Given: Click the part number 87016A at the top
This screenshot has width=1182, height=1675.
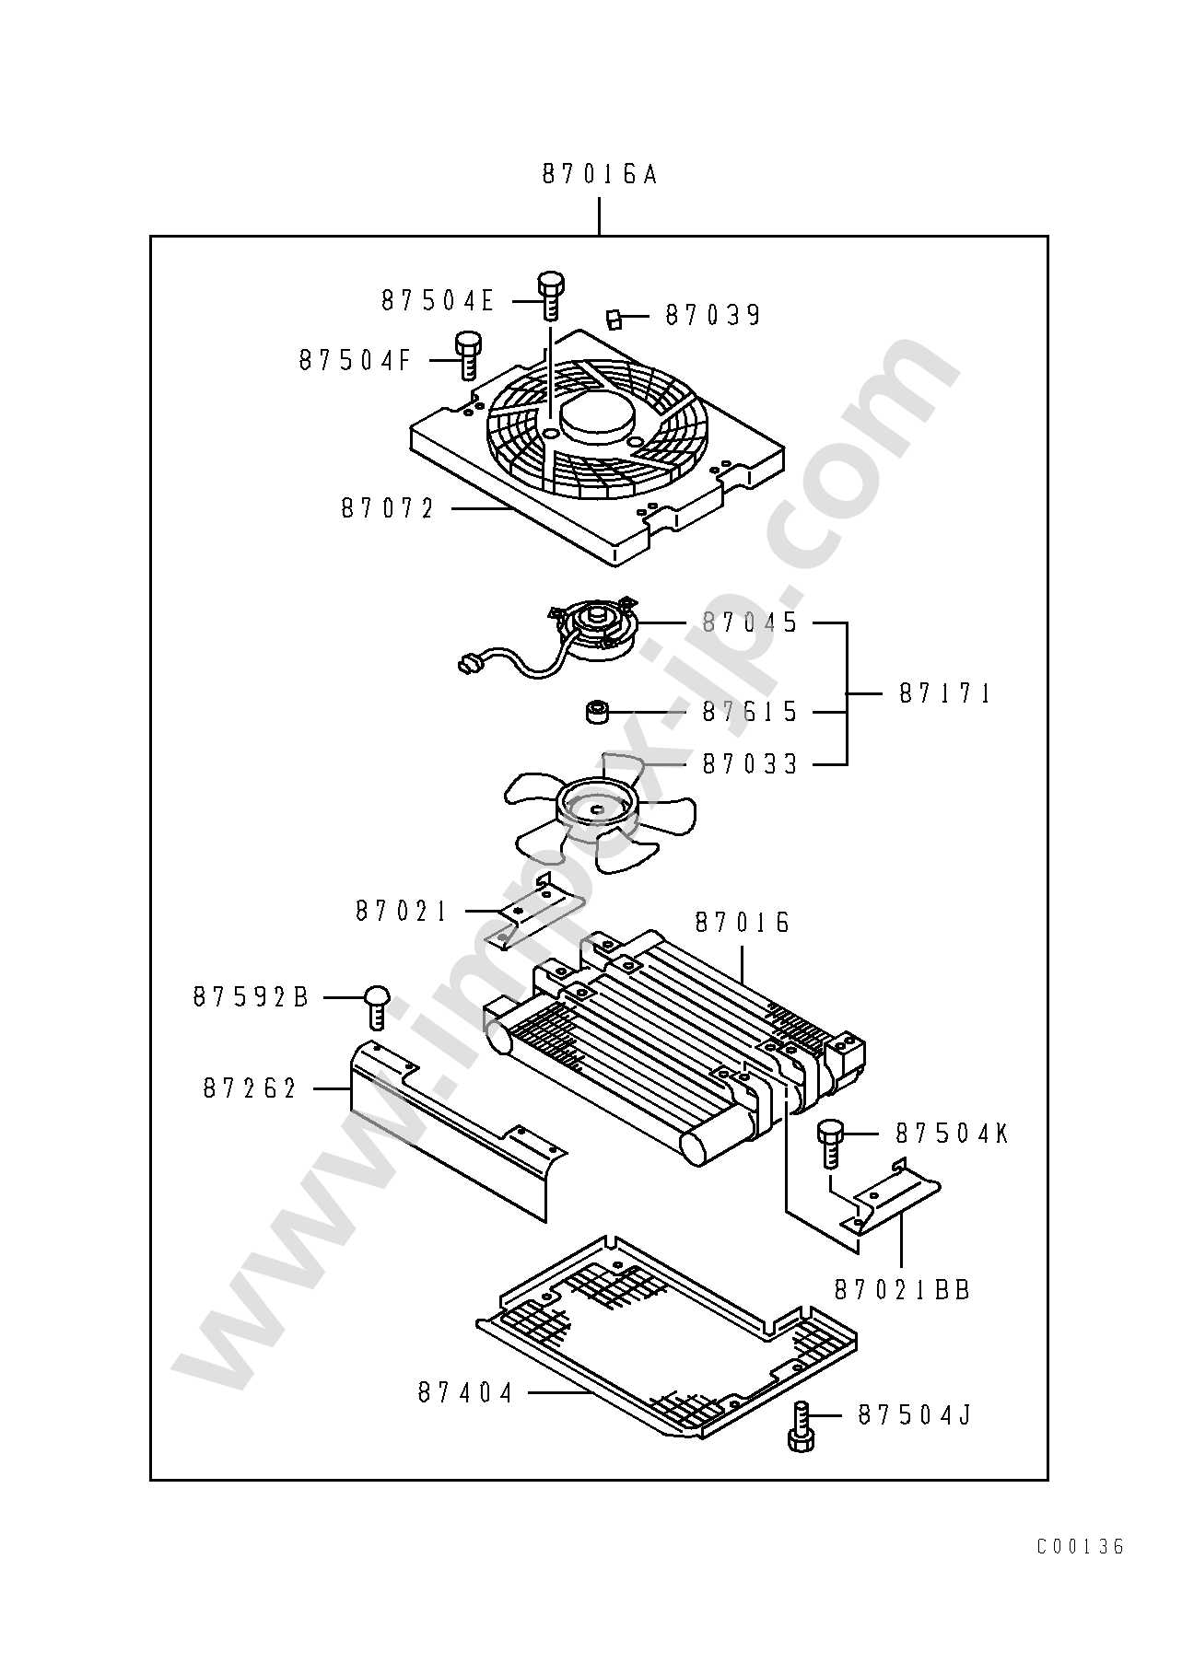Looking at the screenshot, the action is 599,174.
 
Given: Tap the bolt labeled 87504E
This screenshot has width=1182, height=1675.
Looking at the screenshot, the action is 550,295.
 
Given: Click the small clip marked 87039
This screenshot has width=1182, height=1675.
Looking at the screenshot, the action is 614,319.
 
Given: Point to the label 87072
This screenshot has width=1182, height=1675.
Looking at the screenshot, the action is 387,508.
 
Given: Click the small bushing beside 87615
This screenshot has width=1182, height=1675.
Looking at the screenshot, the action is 599,712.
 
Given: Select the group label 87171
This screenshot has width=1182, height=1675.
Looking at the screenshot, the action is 944,693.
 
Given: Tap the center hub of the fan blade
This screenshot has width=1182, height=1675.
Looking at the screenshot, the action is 597,801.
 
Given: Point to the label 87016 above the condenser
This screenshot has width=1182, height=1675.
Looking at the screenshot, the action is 743,923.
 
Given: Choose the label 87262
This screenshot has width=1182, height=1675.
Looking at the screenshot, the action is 250,1088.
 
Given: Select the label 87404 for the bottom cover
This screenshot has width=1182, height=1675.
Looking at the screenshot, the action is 464,1419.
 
